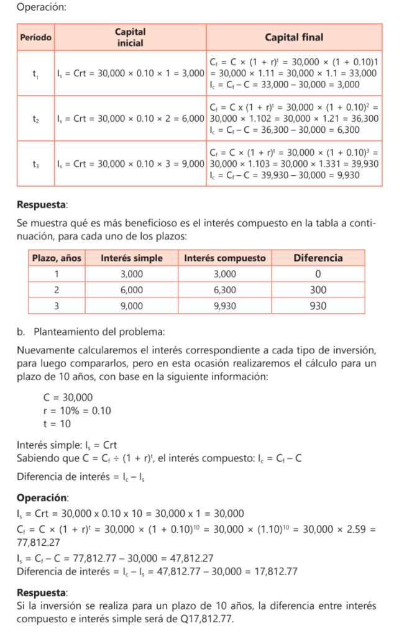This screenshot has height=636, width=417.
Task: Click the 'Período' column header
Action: pos(36,37)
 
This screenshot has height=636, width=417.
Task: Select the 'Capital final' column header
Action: pos(294,37)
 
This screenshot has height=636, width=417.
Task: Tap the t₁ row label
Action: pos(36,73)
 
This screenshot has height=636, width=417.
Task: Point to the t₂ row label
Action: pos(36,118)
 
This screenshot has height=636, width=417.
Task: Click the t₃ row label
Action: pos(36,163)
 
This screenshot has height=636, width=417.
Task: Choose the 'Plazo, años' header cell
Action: pos(57,258)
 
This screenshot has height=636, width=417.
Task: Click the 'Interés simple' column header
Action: pos(131,258)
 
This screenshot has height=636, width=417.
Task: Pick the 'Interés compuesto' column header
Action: pos(225,258)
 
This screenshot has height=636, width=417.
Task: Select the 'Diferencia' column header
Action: pos(318,258)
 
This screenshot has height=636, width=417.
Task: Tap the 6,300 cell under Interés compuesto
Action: pos(225,290)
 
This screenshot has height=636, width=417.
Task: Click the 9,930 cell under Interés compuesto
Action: pos(225,306)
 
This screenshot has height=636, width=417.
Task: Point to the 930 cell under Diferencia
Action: pos(318,306)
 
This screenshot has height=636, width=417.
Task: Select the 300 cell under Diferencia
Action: pos(318,290)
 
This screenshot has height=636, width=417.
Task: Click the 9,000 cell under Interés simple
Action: pos(131,306)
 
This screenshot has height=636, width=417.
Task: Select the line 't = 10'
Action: pos(57,424)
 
